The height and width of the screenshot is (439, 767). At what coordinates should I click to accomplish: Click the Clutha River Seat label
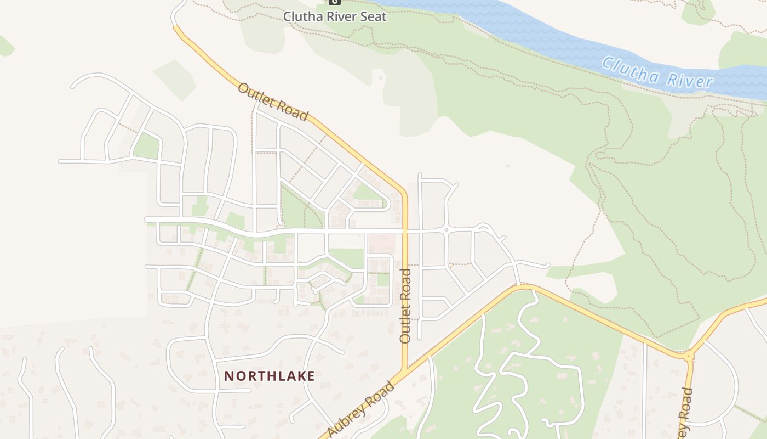tap(335, 16)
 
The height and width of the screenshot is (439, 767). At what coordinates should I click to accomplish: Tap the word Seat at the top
tap(373, 16)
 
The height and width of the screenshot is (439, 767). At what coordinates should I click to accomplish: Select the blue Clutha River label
tap(657, 72)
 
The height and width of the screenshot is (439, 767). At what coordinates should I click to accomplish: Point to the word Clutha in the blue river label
tap(629, 67)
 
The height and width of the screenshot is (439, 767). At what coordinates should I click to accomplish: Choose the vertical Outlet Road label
tap(405, 306)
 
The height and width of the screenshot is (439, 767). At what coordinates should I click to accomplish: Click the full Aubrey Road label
tap(362, 409)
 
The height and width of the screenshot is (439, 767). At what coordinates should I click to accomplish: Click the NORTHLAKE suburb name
tap(270, 376)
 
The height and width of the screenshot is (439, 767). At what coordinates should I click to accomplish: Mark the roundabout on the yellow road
tap(689, 356)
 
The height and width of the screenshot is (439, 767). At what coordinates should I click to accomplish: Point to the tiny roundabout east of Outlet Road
tap(447, 229)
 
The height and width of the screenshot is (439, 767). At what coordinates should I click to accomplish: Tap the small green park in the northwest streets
tap(146, 146)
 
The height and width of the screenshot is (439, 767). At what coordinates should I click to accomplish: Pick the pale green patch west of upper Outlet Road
tap(174, 78)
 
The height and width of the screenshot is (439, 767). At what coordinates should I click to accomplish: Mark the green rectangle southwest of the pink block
tap(346, 257)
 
